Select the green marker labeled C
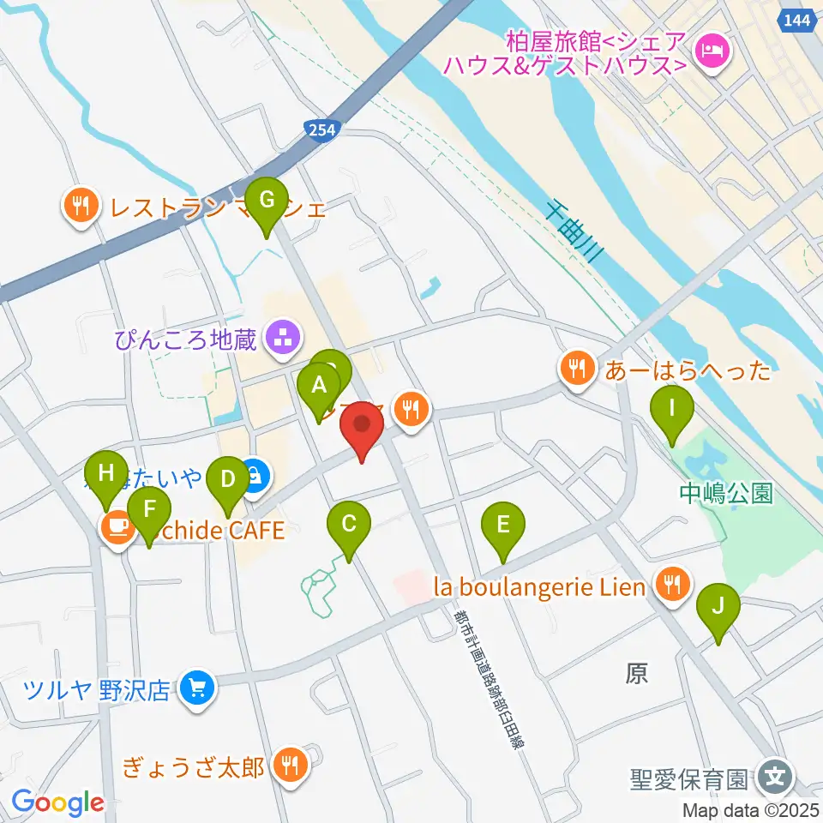(x=349, y=525)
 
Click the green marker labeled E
(x=502, y=525)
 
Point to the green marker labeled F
(x=149, y=511)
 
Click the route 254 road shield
(x=322, y=128)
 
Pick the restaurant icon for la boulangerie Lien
(x=669, y=586)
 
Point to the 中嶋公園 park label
(x=725, y=493)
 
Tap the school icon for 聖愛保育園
(x=775, y=779)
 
